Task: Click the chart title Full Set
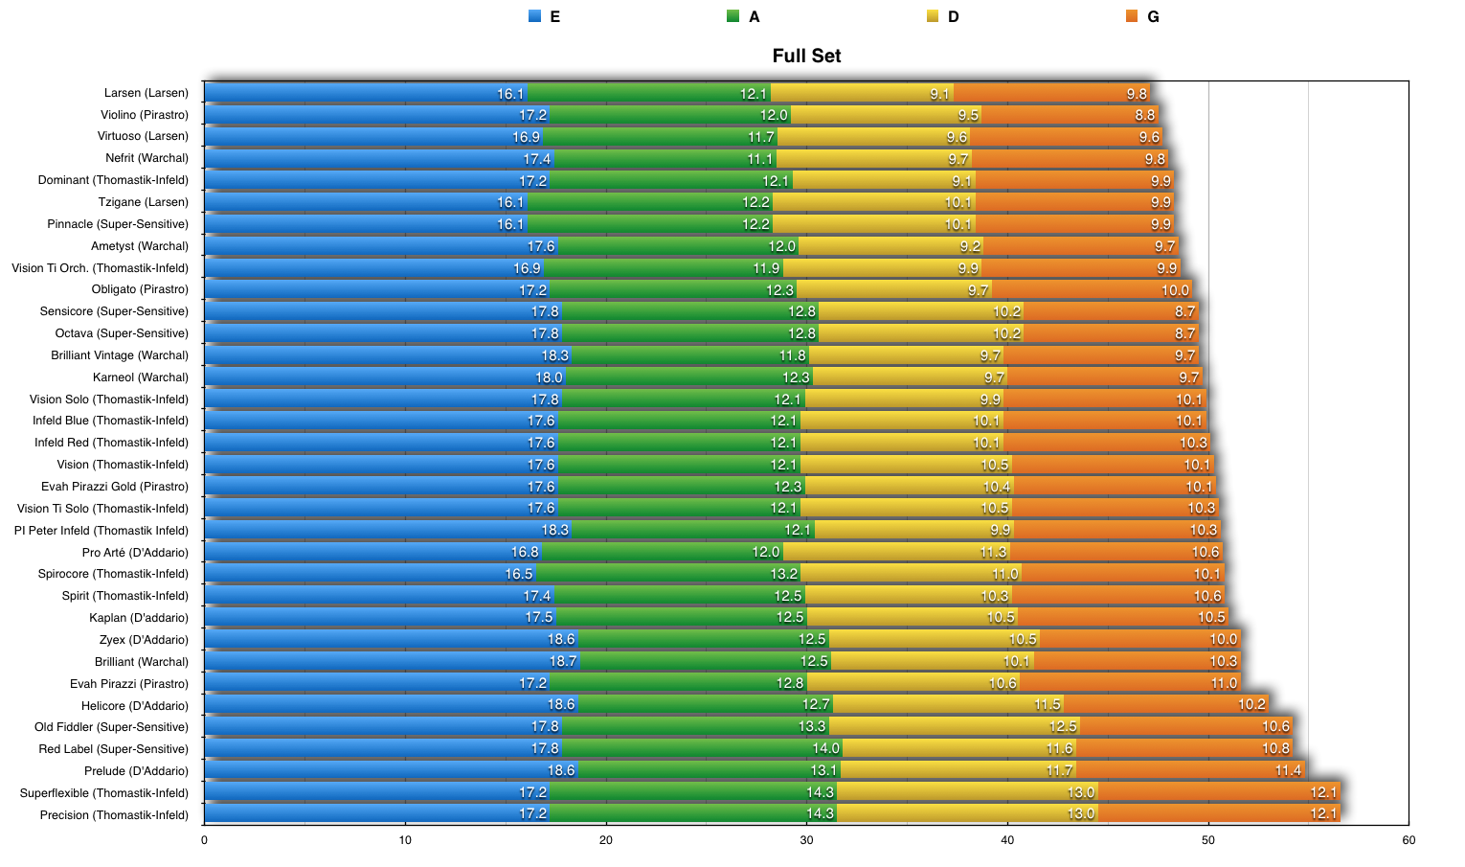[x=806, y=56]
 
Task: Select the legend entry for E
[x=545, y=16]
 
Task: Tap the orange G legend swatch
[x=1132, y=16]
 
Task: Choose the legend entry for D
[x=943, y=16]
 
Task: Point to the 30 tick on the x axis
[x=806, y=840]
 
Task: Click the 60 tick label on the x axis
[x=1409, y=840]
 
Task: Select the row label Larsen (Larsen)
[x=146, y=93]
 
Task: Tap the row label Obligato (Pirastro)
[x=140, y=289]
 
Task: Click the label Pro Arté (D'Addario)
[x=135, y=553]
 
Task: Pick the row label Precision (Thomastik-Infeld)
[x=114, y=815]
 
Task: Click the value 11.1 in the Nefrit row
[x=760, y=159]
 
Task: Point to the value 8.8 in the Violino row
[x=1145, y=115]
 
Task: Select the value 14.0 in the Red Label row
[x=825, y=749]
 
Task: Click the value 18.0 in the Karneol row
[x=549, y=377]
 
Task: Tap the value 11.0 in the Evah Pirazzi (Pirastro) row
[x=1224, y=684]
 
